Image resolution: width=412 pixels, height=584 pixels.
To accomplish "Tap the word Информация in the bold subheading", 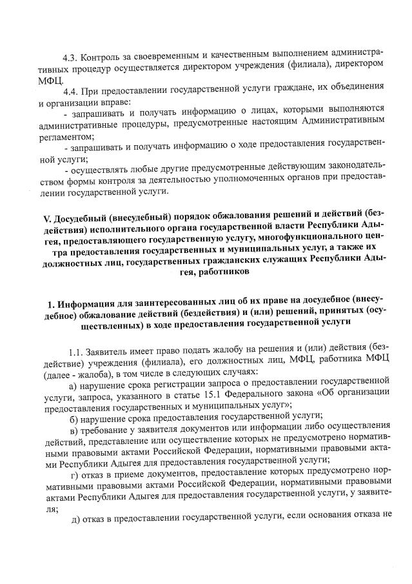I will pos(88,304).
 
